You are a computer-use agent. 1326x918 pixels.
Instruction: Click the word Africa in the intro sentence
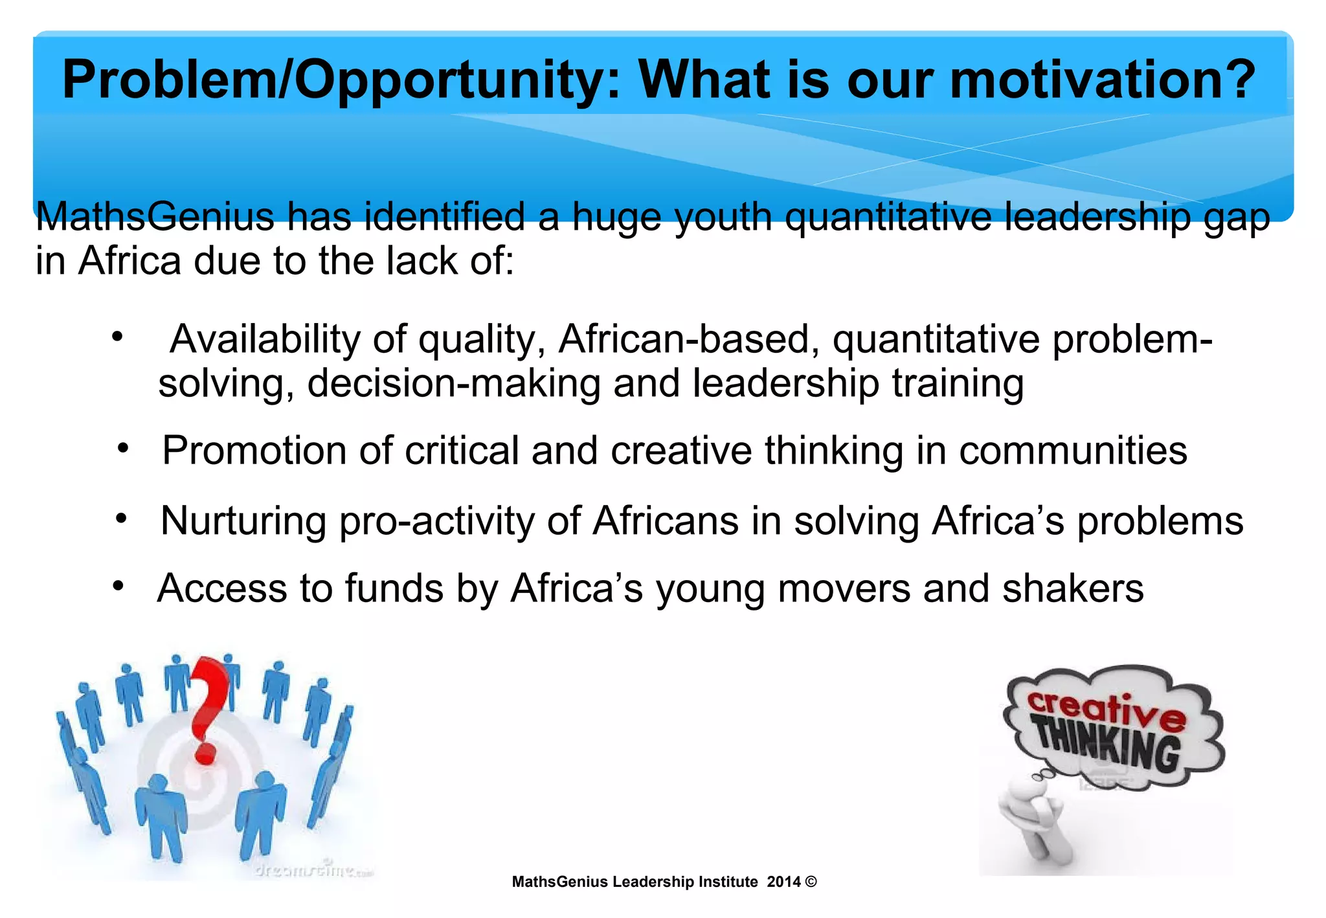pyautogui.click(x=129, y=262)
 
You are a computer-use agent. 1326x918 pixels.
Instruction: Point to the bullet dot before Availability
pyautogui.click(x=117, y=337)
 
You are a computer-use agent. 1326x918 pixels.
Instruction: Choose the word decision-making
pyautogui.click(x=454, y=384)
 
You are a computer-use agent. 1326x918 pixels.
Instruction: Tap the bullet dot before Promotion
pyautogui.click(x=124, y=447)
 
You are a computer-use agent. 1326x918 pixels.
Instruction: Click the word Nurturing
pyautogui.click(x=243, y=521)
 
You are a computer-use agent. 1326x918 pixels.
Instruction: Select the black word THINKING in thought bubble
pyautogui.click(x=1107, y=746)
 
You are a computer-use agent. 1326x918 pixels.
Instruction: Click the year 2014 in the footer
pyautogui.click(x=783, y=882)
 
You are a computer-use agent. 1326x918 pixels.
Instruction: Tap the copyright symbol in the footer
pyautogui.click(x=811, y=882)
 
